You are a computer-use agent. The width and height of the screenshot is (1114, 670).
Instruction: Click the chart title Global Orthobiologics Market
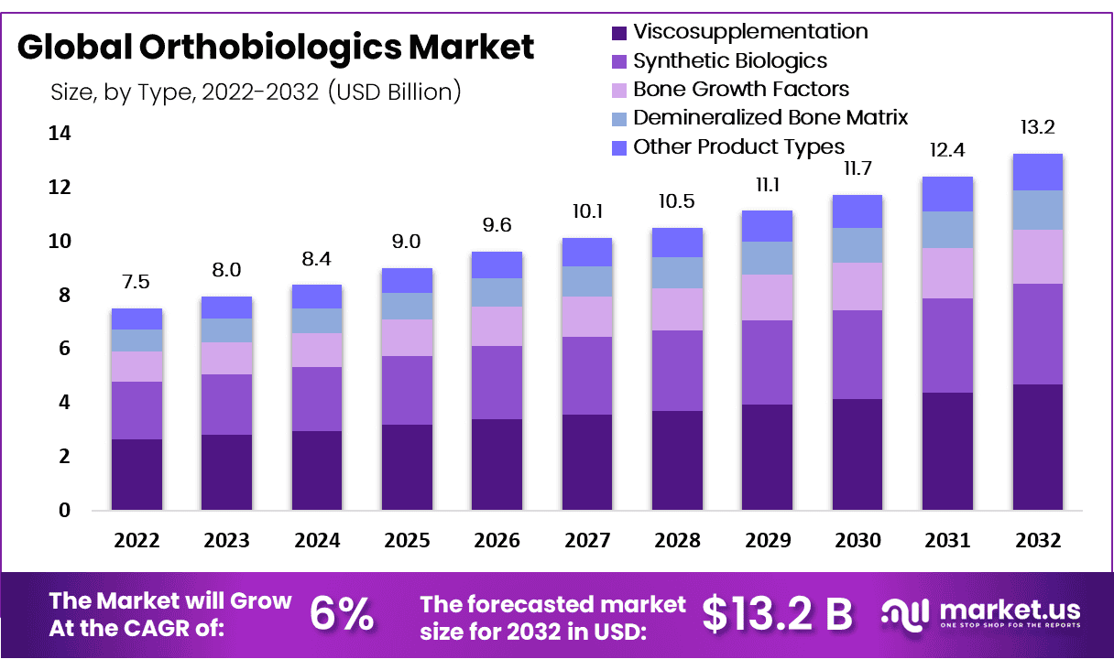(x=276, y=47)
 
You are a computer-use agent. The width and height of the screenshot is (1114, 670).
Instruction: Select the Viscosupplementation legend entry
(x=749, y=32)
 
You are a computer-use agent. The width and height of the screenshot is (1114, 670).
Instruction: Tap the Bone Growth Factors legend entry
(x=740, y=90)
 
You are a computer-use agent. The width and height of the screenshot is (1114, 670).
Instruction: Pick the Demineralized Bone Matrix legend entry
(x=770, y=118)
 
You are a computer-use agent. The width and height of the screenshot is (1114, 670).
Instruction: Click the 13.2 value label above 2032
(x=1038, y=126)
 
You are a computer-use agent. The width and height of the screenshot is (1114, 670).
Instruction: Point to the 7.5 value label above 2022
(x=137, y=280)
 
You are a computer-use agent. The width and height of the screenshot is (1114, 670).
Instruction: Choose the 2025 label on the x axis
(x=407, y=540)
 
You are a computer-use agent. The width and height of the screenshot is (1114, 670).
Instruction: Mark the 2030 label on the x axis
(x=857, y=540)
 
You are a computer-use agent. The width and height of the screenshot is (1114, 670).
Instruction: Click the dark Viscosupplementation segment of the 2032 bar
(x=1037, y=447)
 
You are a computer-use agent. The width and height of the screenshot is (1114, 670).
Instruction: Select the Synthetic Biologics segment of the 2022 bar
(x=137, y=410)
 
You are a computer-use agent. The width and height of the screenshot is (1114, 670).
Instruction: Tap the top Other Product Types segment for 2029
(x=767, y=226)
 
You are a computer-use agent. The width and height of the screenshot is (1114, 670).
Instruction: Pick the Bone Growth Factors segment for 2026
(x=497, y=326)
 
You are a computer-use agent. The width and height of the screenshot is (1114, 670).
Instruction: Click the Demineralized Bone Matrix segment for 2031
(x=947, y=230)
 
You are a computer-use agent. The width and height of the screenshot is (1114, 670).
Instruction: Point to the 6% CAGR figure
(x=341, y=614)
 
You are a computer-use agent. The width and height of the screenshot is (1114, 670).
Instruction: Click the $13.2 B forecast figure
(x=778, y=614)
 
